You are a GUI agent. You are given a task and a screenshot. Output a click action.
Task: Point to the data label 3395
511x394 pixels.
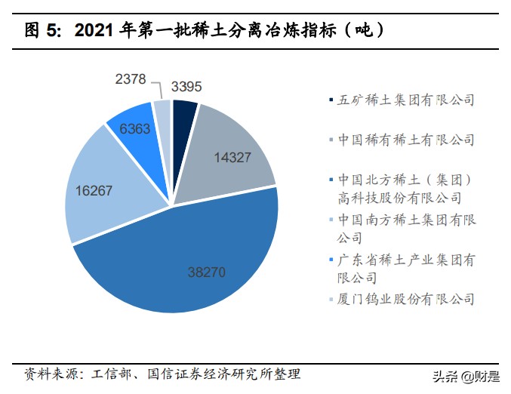186,86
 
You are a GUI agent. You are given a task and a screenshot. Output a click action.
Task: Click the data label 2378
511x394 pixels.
131,78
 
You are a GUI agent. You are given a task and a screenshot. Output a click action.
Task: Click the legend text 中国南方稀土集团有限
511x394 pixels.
407,220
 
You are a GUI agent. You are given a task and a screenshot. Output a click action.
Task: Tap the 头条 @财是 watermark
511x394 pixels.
469,375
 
